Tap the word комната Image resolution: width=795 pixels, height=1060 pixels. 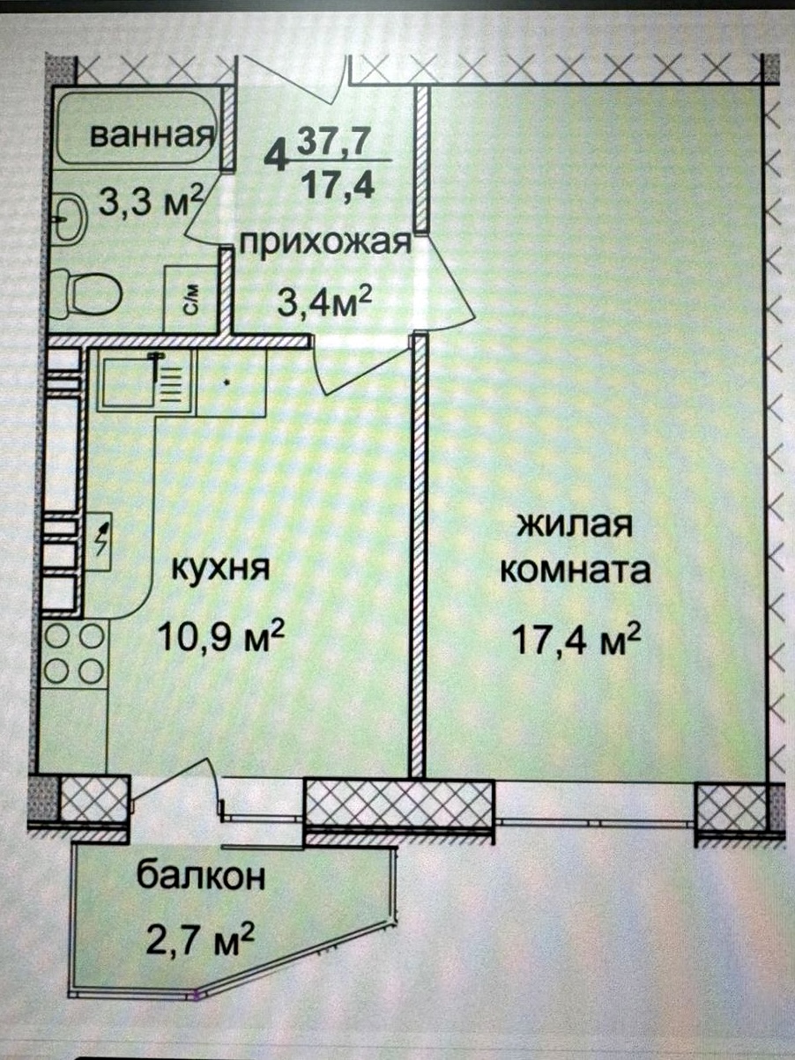coord(576,570)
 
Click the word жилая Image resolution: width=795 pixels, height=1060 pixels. coord(575,525)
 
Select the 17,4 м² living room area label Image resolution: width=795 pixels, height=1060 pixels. coord(578,639)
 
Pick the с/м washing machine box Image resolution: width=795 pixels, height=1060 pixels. coord(190,298)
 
